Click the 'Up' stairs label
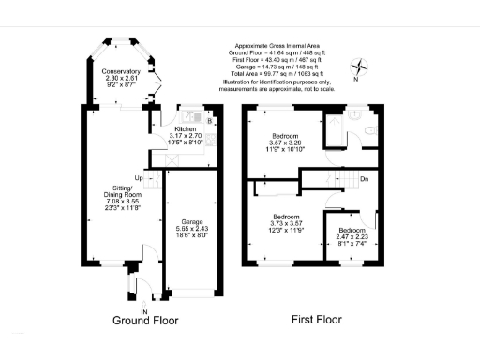(x=138, y=177)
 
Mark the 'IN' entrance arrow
(x=144, y=306)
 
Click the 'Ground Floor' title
(x=145, y=320)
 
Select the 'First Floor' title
(x=316, y=320)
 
